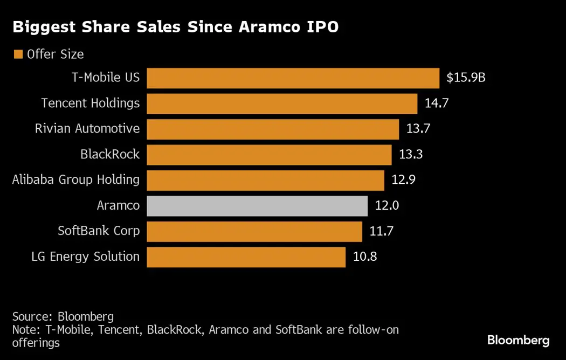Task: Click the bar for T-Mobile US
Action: (x=293, y=78)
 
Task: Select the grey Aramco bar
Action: (x=257, y=206)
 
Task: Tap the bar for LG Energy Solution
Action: (x=246, y=257)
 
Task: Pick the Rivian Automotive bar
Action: (x=273, y=129)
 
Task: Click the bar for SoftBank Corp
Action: (x=254, y=231)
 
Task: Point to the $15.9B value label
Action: (x=466, y=78)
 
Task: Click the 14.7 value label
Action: (x=437, y=103)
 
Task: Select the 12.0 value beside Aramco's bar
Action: (x=386, y=206)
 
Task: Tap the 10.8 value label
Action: (x=365, y=257)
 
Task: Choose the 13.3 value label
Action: (x=411, y=155)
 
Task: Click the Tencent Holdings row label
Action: (x=91, y=103)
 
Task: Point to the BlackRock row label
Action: (x=110, y=154)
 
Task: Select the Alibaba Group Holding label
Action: (x=76, y=180)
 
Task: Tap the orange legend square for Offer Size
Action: (x=18, y=54)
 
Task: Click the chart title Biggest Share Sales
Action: (x=175, y=28)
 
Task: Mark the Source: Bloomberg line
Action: (x=63, y=316)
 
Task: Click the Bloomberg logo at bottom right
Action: (x=518, y=341)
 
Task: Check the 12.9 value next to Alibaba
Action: (x=403, y=180)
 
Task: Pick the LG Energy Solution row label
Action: (x=86, y=257)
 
